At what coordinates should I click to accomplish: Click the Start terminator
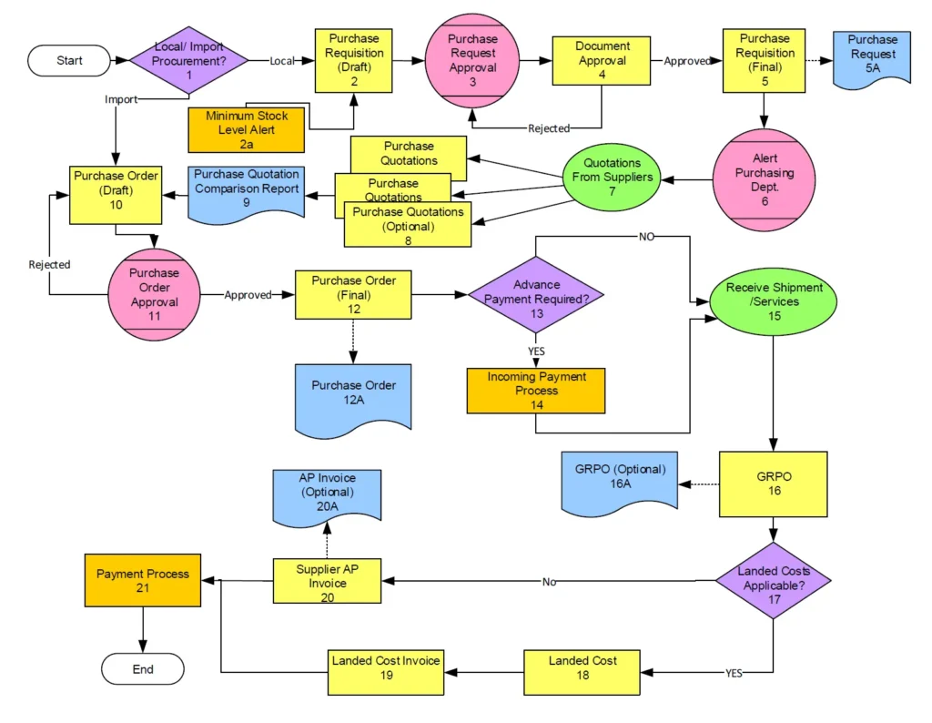69,61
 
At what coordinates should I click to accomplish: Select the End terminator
143,669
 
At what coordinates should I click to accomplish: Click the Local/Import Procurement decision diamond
189,61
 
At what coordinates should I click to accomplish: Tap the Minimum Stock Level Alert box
246,129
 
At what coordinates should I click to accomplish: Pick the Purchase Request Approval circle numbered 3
473,60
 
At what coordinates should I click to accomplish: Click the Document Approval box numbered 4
602,62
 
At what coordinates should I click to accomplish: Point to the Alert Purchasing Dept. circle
765,179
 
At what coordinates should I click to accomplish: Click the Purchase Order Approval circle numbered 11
154,295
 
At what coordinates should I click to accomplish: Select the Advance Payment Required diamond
536,294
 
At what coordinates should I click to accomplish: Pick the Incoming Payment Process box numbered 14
536,391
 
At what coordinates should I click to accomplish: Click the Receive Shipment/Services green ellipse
774,301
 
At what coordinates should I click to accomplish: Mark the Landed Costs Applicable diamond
774,580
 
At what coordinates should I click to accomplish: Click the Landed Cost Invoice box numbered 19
386,673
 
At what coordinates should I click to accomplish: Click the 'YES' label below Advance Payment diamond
536,351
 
